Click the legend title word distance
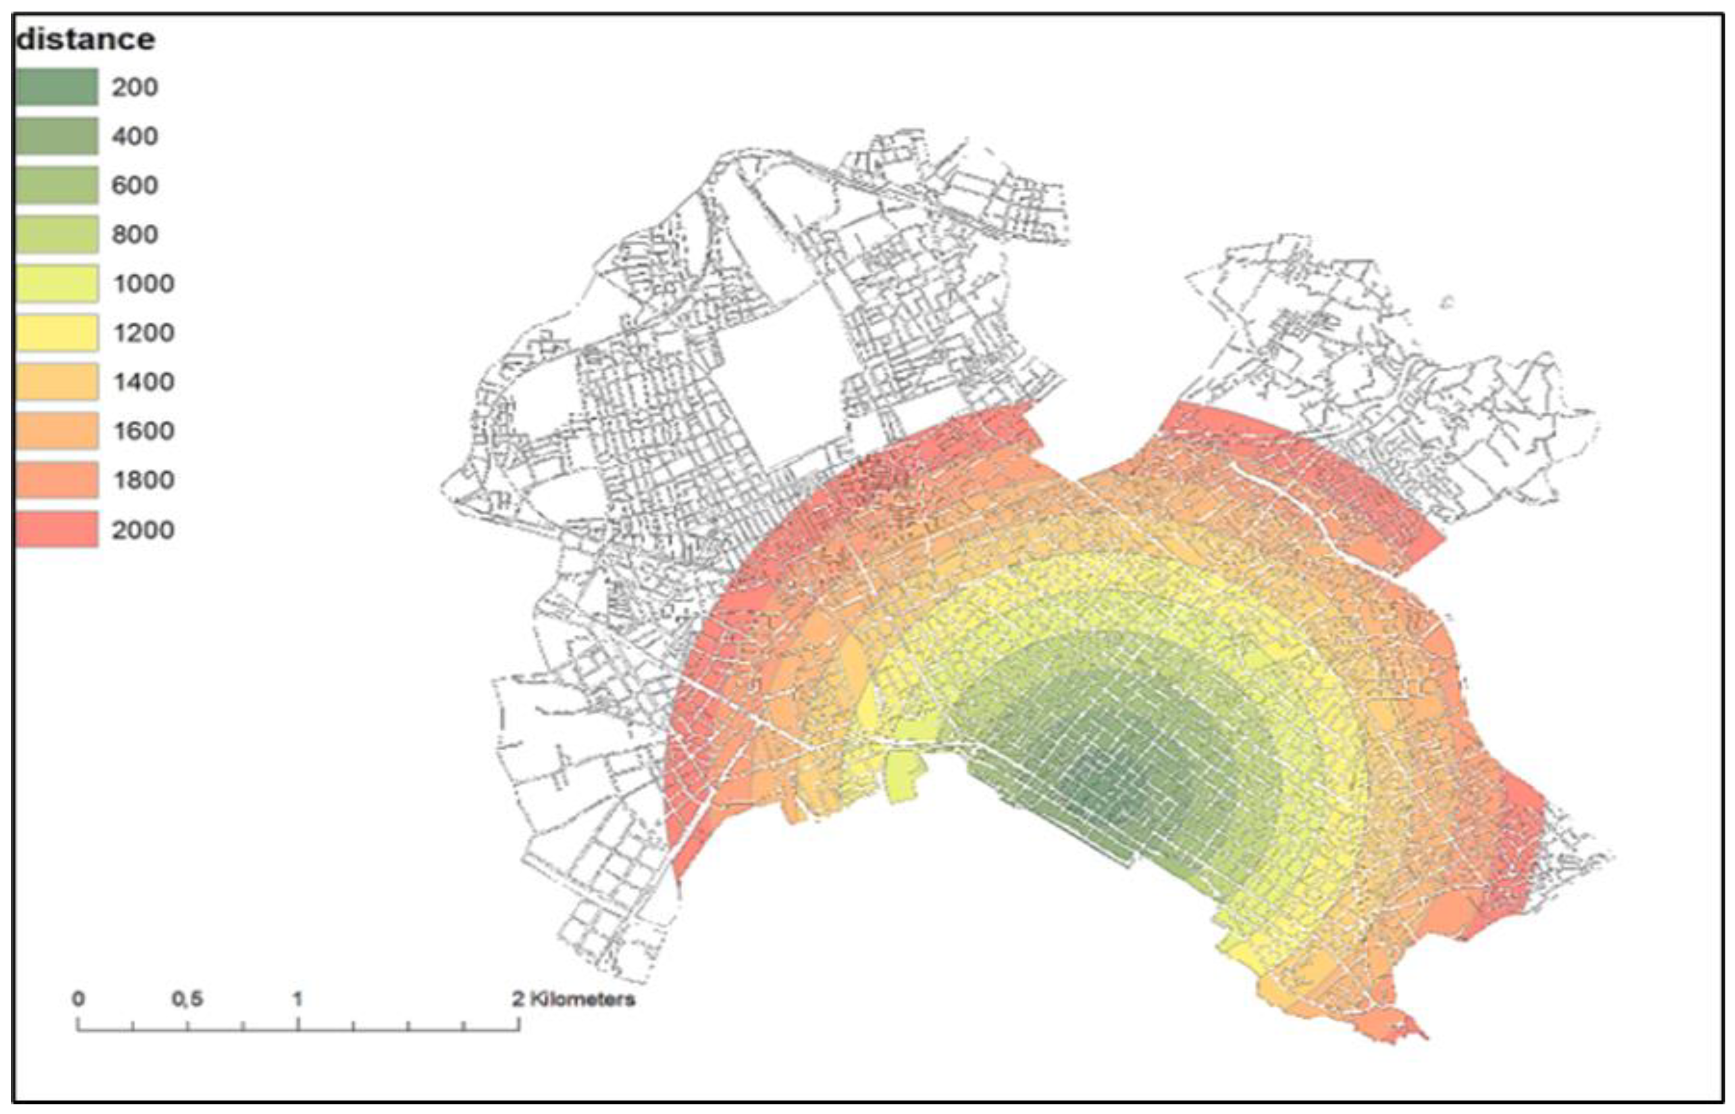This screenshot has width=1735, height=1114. coord(85,39)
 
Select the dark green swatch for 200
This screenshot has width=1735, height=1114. coord(56,87)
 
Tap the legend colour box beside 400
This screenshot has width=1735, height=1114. coord(56,136)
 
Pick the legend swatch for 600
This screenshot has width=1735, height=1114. coord(56,185)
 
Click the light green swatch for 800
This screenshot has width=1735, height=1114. coord(56,234)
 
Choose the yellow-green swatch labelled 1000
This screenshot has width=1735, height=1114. coord(56,283)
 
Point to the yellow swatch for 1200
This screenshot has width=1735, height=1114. coord(56,333)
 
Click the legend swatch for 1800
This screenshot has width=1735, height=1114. coord(56,480)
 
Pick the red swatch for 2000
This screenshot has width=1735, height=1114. coord(56,529)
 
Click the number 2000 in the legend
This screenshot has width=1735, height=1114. coord(142,530)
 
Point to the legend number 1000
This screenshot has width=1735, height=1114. coord(142,283)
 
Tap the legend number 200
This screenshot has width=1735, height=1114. coord(135,88)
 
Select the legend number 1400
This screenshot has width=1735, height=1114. coord(142,382)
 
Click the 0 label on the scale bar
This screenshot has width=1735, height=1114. coord(78,999)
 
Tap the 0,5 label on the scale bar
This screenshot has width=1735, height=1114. coord(187,999)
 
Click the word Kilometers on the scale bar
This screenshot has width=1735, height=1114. coord(583,999)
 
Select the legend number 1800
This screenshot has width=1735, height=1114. coord(142,480)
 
